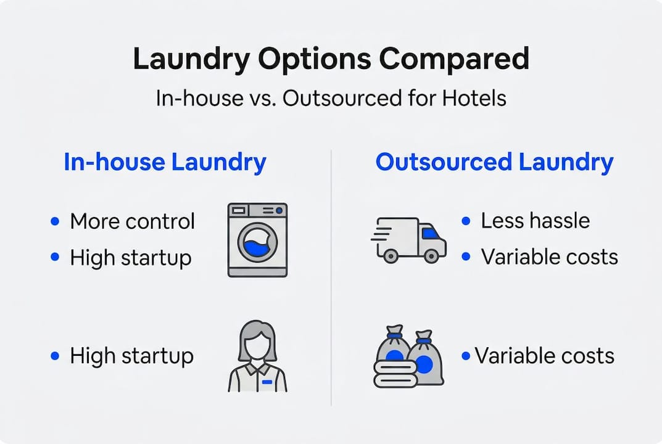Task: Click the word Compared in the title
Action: coord(453,60)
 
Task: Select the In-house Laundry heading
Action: coord(165,162)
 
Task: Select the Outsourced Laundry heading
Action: coord(494,162)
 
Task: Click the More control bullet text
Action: coord(132,221)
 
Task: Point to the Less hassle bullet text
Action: coord(535,221)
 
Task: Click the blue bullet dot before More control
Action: coord(56,221)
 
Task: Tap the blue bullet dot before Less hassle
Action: coord(466,221)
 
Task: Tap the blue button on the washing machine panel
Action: coord(279,210)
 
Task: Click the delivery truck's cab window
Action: coord(430,233)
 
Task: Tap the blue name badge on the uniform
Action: coord(267,382)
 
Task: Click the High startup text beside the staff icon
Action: coord(131,356)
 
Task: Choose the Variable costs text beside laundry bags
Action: coord(544,356)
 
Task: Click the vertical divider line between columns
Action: coord(331,277)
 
